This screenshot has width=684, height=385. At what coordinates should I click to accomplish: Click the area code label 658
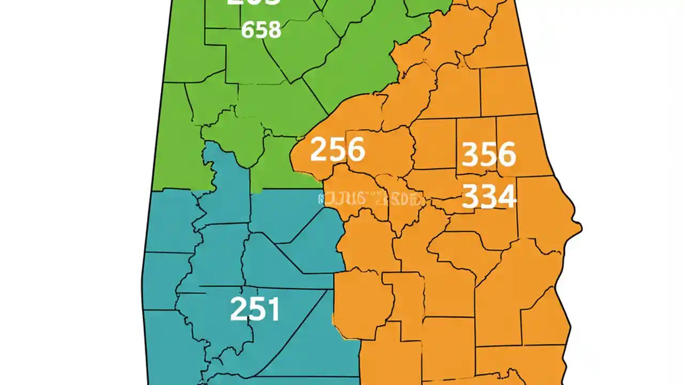coord(261,30)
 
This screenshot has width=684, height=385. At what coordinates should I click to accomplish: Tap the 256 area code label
coord(337,150)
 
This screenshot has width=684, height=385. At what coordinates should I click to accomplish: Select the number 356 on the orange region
coord(488,155)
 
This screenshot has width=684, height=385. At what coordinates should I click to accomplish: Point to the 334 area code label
coord(488,196)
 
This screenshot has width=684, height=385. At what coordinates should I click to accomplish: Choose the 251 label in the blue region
coord(255,309)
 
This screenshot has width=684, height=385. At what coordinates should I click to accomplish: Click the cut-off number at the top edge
coord(253,3)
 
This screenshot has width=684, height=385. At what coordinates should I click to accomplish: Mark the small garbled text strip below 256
coord(372,199)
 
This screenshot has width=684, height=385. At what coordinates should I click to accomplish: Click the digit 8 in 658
coord(274,30)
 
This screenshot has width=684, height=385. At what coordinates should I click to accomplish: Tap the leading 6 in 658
coord(248,30)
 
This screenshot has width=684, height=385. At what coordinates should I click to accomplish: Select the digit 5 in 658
coord(261,30)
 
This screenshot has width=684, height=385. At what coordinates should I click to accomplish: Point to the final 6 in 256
coord(355,150)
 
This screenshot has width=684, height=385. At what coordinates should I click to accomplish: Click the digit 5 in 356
coord(488,155)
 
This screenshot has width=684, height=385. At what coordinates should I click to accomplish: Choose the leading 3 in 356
coord(470,155)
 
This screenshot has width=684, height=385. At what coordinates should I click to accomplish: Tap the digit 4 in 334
coord(507,196)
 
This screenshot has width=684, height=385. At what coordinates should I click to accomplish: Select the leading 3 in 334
coord(470,196)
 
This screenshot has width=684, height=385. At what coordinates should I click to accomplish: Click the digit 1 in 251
coord(273,309)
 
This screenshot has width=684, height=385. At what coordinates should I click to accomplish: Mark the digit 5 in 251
coord(257,309)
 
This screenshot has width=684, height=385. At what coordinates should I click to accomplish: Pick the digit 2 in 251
coord(239,309)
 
